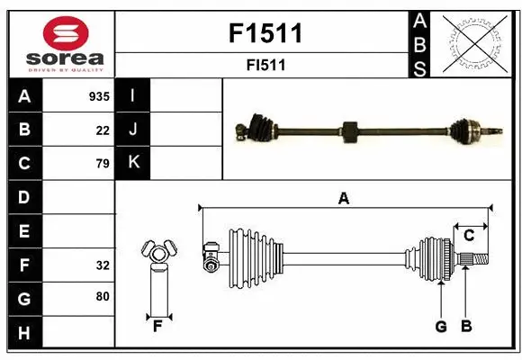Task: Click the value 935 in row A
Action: [98, 96]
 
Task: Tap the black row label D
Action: [24, 197]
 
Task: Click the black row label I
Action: [132, 96]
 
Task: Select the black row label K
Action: [132, 163]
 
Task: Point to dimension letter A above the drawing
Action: [343, 200]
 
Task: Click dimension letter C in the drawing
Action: [469, 236]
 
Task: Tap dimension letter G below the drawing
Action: [441, 327]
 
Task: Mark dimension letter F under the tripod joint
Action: [157, 326]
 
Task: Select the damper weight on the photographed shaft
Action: [350, 131]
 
